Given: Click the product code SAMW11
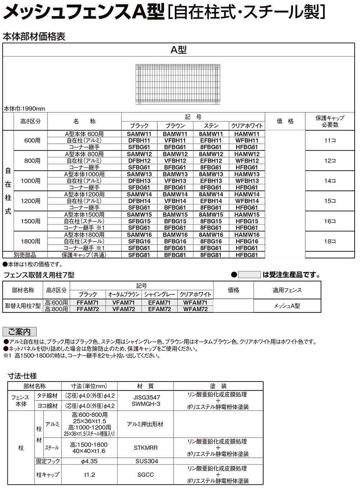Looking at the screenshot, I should coord(139,134).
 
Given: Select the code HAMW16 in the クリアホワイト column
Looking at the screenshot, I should coord(247,235).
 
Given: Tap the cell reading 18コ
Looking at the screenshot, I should coord(330,241).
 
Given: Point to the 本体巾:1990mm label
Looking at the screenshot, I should coord(24,109).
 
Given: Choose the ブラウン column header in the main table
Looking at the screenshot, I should coord(175,126).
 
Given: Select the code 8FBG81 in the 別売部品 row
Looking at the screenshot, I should coord(211,255).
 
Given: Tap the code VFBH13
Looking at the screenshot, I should coord(175,181).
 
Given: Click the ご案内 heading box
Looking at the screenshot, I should coord(19,331).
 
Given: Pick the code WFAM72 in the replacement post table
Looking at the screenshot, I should coord(195,309).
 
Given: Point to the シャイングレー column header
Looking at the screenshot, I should coord(159,294).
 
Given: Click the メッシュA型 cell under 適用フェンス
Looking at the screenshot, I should coord(287,306).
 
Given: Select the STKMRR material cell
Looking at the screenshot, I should coord(145,448).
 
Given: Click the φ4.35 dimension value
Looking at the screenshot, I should coord(89,461).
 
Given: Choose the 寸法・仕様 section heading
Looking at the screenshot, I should coord(22,376).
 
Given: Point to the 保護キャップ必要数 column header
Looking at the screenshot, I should coord(330,122).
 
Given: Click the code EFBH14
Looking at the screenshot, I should coord(211,201).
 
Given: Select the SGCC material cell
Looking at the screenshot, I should coord(145,475).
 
